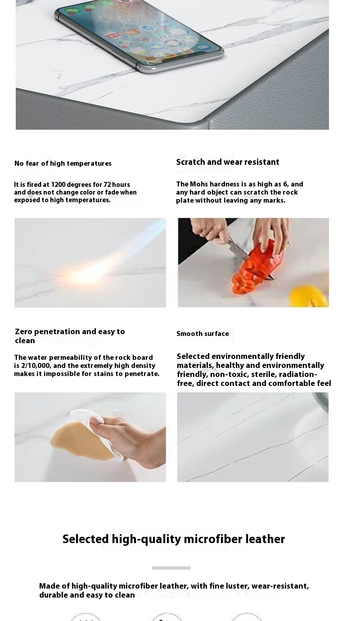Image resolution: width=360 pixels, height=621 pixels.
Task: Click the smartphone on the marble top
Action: (139, 35)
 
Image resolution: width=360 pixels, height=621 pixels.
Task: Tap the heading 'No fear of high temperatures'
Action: (63, 163)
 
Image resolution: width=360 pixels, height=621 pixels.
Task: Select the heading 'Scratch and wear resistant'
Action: (228, 162)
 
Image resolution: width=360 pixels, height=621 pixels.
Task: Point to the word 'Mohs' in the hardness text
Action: (199, 184)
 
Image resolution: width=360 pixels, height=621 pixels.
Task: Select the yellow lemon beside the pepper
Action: (310, 297)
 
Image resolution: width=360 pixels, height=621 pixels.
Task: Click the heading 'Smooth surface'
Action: (202, 334)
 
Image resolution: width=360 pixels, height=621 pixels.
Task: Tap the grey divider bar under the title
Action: (171, 568)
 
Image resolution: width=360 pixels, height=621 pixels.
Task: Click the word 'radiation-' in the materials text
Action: (298, 375)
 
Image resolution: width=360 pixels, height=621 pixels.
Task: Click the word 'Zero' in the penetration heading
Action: (23, 331)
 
